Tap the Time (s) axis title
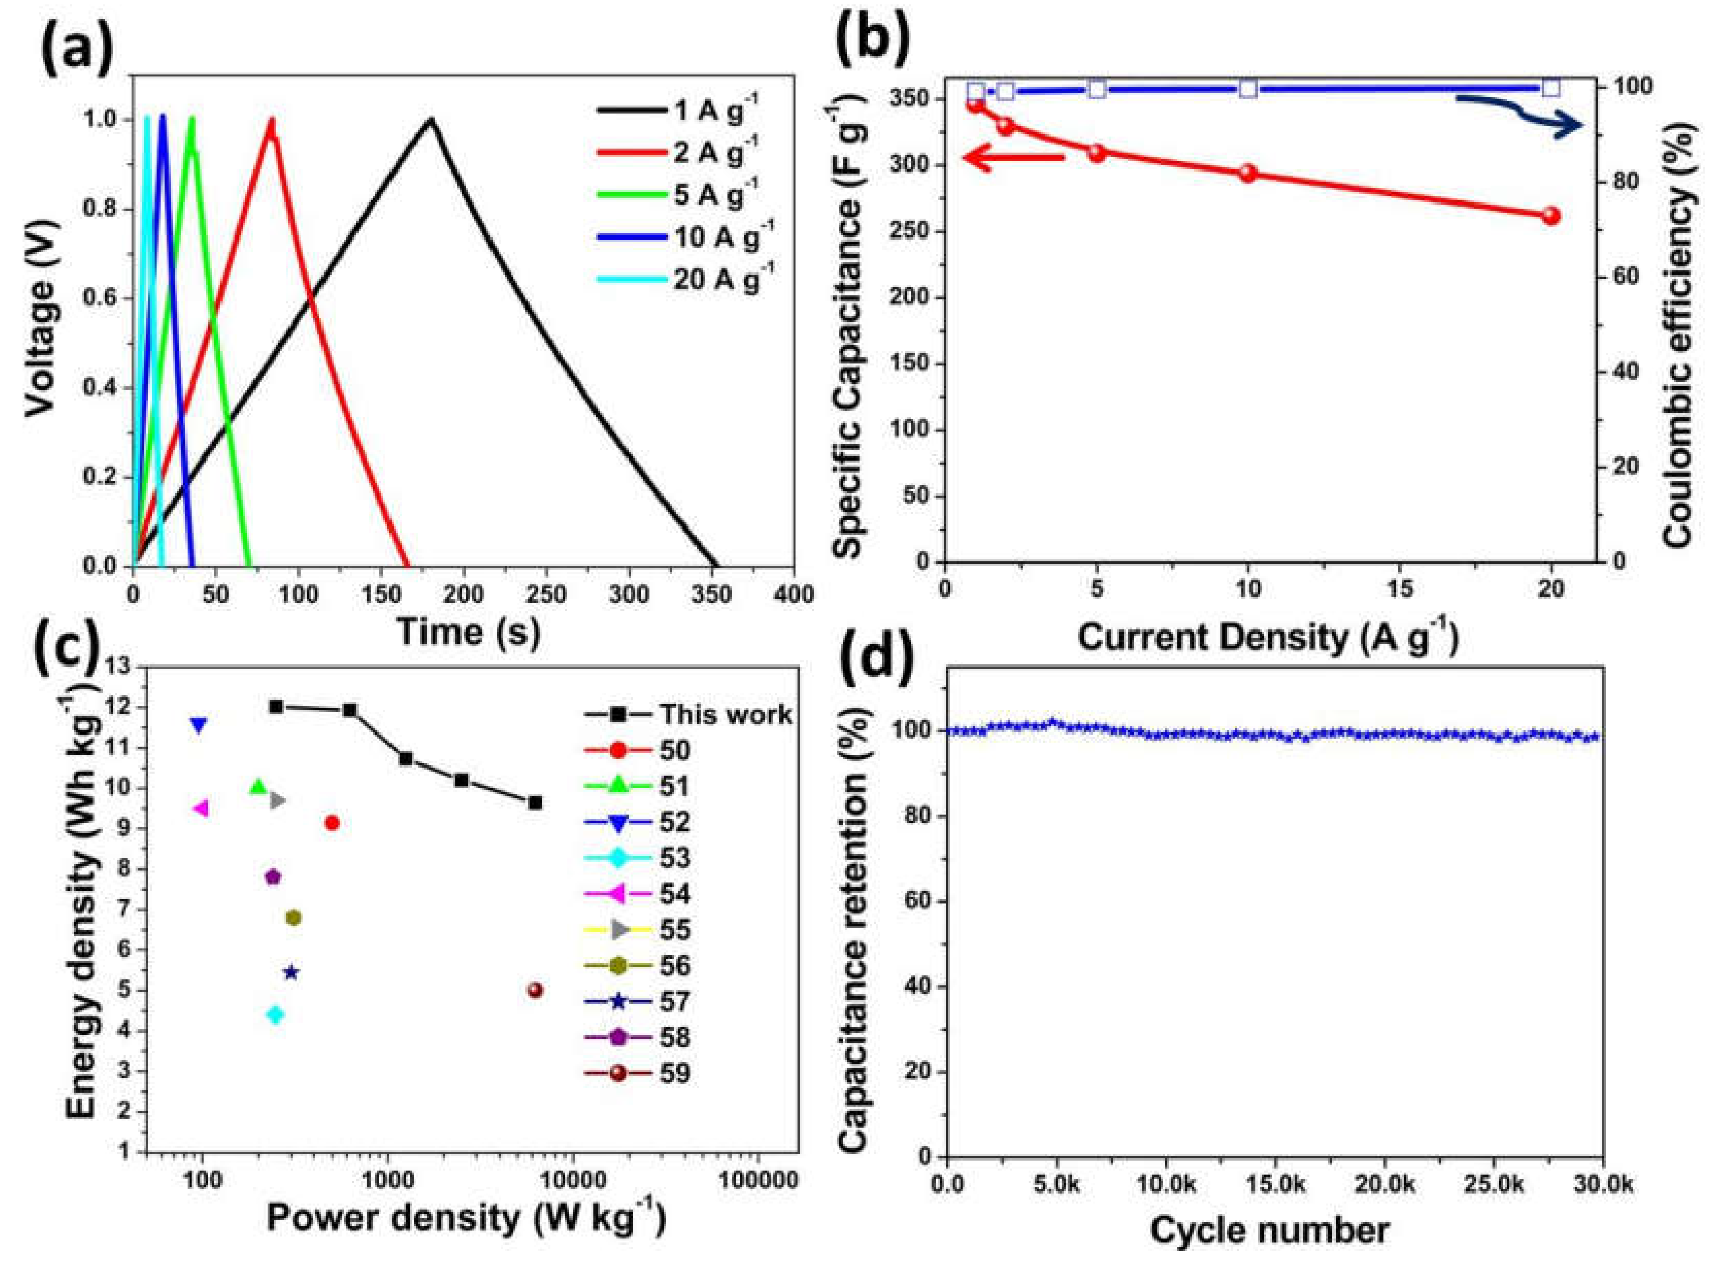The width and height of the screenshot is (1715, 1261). point(468,633)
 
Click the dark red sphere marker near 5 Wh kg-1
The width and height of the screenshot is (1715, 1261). point(535,990)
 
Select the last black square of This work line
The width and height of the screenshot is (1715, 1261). point(535,803)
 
